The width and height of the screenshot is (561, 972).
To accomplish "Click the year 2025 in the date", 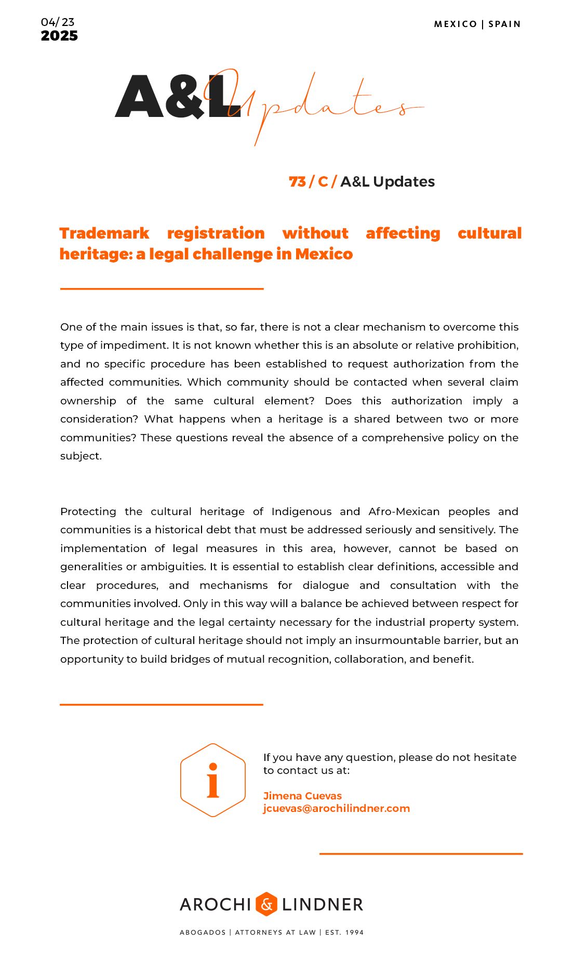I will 59,36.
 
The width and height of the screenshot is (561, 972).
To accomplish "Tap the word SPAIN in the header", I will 504,24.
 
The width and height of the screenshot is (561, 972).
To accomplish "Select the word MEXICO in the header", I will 455,24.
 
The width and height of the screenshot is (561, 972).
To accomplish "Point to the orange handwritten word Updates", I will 322,104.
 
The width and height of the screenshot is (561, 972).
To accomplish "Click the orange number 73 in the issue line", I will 297,181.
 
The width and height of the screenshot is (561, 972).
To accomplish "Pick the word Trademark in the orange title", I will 104,233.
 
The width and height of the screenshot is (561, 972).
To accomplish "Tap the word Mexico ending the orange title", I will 324,254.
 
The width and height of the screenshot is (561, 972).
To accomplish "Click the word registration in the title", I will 216,233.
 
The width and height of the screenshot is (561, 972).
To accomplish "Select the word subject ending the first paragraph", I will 80,456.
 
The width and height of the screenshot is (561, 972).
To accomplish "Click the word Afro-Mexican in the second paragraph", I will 404,511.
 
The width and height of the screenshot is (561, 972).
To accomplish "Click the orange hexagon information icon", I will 213,780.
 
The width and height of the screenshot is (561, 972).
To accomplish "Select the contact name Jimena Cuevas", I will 302,796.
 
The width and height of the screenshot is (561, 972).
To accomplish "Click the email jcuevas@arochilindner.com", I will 336,808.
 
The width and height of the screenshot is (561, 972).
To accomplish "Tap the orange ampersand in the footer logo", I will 266,904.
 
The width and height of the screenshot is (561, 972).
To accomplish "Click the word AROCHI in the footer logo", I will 216,904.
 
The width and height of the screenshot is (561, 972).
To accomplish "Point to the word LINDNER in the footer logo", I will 323,904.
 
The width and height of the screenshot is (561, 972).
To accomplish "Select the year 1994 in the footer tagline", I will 354,932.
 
